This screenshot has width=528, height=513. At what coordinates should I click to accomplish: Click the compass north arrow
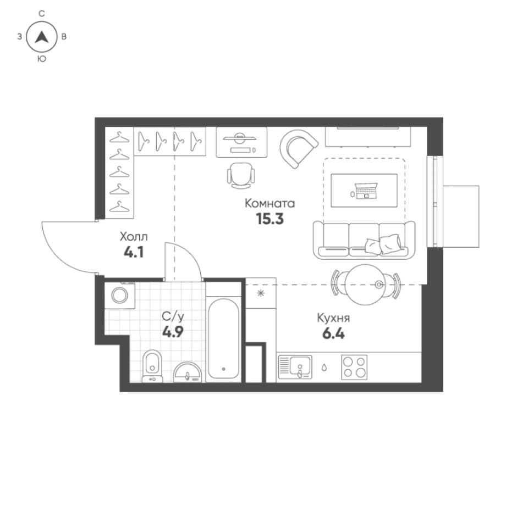42,37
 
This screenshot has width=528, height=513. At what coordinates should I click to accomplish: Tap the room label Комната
269,203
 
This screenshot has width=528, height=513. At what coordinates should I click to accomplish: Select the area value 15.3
269,219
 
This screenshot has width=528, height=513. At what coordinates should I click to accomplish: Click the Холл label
134,237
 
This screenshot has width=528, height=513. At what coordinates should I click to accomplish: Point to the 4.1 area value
134,252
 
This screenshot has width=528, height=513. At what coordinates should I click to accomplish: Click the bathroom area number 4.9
173,332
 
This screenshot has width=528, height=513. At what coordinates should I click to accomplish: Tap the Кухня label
333,318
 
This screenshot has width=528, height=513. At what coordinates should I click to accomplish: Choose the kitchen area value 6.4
333,334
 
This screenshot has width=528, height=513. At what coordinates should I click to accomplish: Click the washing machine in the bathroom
120,295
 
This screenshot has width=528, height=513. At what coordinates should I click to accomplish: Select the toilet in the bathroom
152,366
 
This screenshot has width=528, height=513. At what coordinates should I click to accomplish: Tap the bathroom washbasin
188,372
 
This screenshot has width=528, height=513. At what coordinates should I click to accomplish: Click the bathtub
224,338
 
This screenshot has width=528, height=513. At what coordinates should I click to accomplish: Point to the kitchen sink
295,367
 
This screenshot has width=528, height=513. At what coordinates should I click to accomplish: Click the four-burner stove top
354,367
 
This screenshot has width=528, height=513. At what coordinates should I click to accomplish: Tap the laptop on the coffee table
366,191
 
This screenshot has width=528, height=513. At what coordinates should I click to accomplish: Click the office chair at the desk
241,176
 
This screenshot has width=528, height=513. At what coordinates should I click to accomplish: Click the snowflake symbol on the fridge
261,293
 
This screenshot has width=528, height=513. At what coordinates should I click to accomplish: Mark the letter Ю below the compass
41,59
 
